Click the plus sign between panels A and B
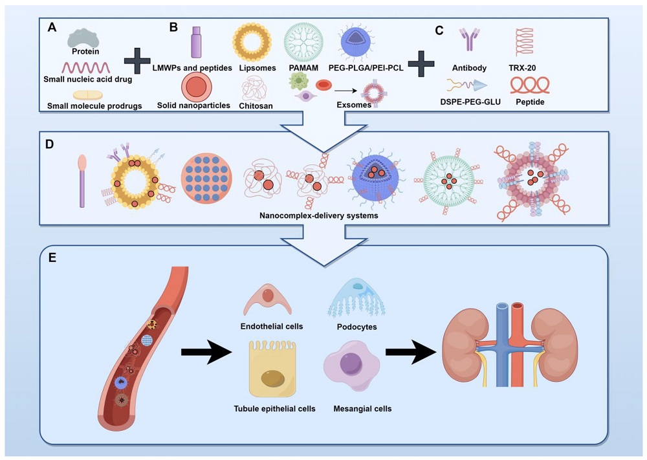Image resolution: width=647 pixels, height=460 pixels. coord(137,61)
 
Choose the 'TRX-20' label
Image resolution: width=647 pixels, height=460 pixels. coord(532,68)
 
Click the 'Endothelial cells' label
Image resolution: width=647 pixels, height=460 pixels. coord(272,327)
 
